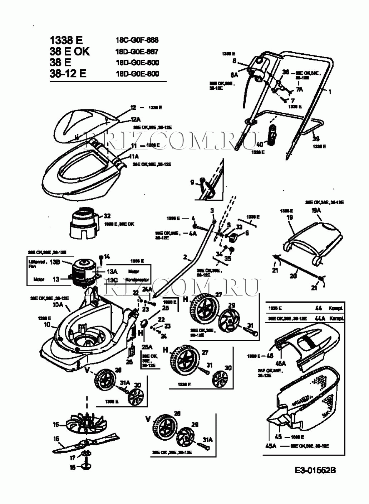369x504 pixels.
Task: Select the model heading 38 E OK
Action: tap(70, 51)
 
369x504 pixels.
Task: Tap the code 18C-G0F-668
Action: tap(137, 40)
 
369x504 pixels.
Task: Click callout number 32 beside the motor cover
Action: tap(107, 216)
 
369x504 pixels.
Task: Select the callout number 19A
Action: tap(316, 211)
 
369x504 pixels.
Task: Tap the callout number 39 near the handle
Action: tap(316, 138)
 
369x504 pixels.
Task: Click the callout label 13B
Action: tap(54, 262)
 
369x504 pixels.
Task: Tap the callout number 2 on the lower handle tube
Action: tap(185, 257)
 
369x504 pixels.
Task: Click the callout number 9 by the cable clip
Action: tap(192, 182)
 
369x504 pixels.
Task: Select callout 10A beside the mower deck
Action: tap(57, 305)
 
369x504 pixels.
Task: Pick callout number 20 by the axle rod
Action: tap(293, 276)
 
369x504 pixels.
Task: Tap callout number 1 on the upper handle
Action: tap(330, 92)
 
